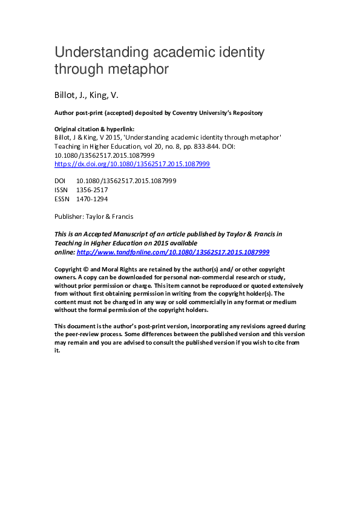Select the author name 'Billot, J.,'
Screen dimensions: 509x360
click(71, 96)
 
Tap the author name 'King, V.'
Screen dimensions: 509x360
click(106, 96)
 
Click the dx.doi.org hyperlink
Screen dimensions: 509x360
click(132, 164)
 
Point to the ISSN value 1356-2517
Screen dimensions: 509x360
click(92, 190)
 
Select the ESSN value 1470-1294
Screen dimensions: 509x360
click(92, 198)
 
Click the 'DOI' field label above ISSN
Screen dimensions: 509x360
click(61, 181)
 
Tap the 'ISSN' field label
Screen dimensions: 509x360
click(61, 190)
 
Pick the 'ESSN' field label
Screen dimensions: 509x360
click(62, 198)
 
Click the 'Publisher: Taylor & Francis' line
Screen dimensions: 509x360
click(94, 216)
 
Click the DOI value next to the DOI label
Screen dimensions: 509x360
click(126, 181)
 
